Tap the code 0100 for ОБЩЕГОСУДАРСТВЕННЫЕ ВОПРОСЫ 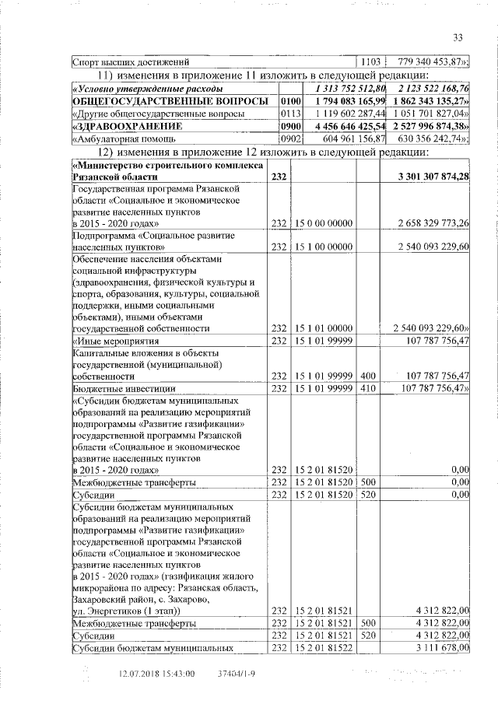pyautogui.click(x=290, y=101)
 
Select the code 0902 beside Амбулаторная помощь pyautogui.click(x=290, y=138)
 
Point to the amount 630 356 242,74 pyautogui.click(x=431, y=138)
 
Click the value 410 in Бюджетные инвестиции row pyautogui.click(x=369, y=387)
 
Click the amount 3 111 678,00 pyautogui.click(x=442, y=647)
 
